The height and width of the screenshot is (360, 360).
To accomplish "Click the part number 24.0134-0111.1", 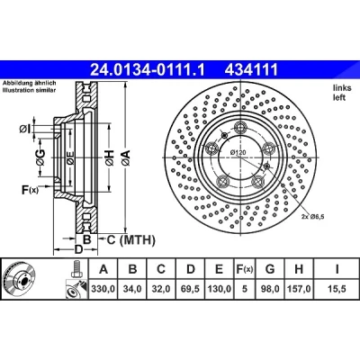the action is [x=148, y=70].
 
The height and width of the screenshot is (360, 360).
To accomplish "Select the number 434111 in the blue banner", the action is [x=251, y=70].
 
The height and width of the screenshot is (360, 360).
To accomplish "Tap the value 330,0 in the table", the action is [x=103, y=289].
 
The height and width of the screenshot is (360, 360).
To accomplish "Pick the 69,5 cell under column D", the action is [x=191, y=289].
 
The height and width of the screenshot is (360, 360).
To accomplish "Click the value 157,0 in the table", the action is [x=299, y=289].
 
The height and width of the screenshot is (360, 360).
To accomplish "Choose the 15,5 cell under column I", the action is [x=337, y=289].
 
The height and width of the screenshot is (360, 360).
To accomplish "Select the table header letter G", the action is [x=270, y=269].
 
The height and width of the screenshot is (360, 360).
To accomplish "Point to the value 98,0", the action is [x=270, y=289].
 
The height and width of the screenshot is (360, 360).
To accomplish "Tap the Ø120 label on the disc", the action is [x=238, y=152].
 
